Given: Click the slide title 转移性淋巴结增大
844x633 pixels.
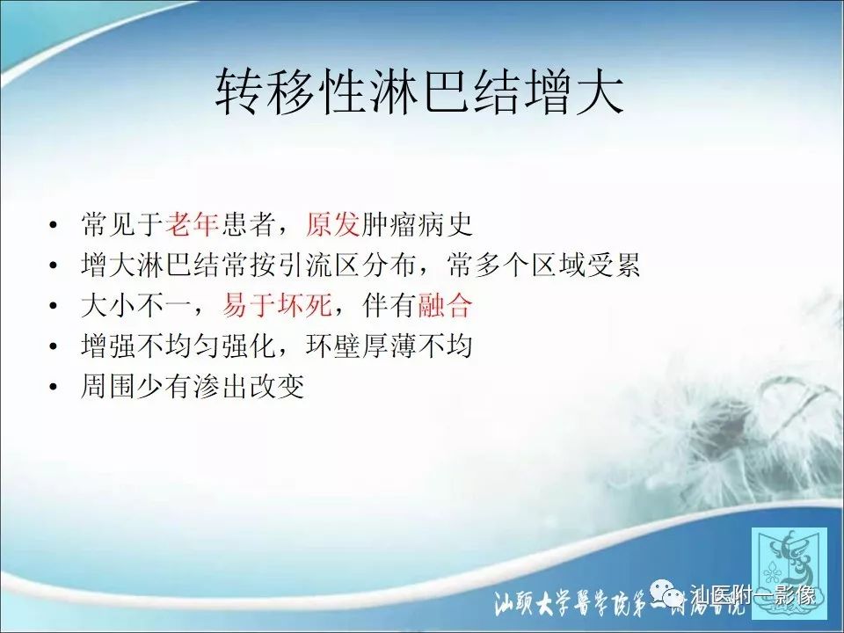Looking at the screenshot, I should (420, 94).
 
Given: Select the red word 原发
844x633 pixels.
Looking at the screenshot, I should (332, 225).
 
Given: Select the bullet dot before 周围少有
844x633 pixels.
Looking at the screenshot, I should (56, 388).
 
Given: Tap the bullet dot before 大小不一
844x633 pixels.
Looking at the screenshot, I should (56, 307).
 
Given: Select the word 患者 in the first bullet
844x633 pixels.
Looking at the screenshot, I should (248, 225).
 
